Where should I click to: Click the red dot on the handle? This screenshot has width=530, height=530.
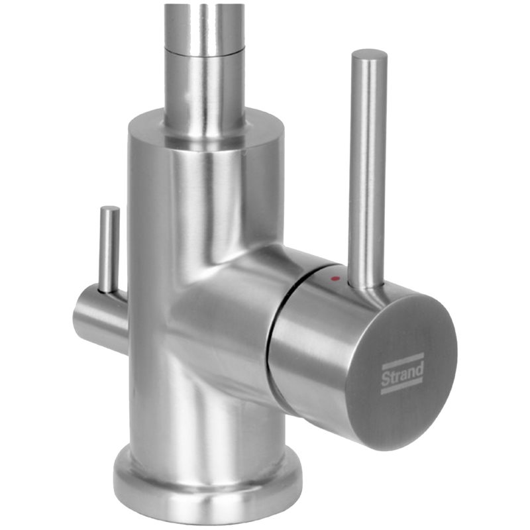point(335,278)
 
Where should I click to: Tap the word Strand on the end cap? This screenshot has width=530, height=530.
point(402,374)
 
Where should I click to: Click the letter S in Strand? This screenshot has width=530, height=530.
point(385,379)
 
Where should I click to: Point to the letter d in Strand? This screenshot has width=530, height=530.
point(419,369)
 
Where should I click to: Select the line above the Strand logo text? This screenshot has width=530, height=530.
point(402,360)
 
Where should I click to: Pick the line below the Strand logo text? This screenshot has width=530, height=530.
point(402,388)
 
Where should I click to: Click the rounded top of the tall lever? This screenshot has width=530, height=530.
point(369,55)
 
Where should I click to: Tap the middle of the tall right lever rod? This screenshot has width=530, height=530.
point(368,169)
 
